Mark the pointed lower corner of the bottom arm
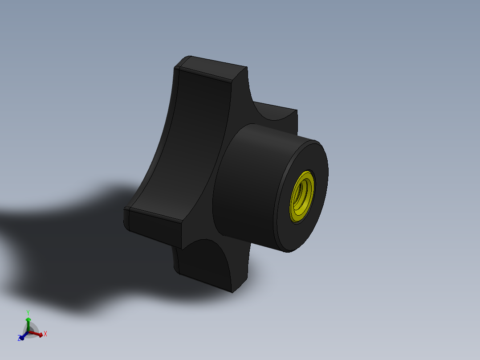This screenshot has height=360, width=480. point(232,292)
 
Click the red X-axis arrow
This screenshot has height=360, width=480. point(39,335)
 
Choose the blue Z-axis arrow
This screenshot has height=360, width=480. point(22,337)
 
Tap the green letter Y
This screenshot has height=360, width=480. point(28,312)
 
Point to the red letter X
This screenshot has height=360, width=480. point(45,334)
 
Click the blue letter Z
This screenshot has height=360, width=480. point(19,339)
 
